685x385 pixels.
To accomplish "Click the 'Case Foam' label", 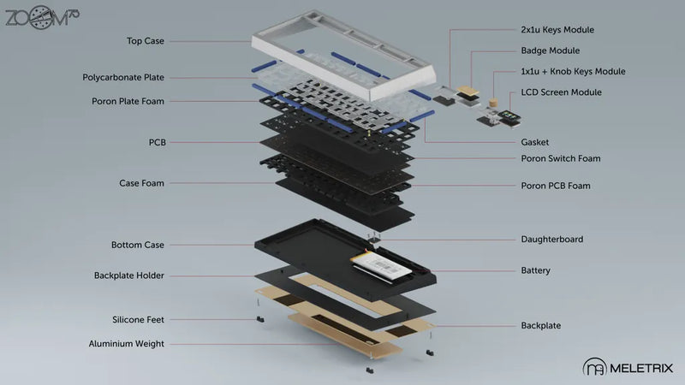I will pos(141,183).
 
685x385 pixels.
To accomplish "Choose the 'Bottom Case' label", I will pos(137,245).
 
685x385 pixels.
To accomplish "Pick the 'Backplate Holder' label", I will pos(128,275).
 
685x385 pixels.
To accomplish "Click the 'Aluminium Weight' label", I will pos(126,344).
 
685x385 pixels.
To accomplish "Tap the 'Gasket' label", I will pos(535,142).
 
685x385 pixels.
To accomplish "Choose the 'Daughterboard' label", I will pos(552,240).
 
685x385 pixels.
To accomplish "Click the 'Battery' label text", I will pos(535,270).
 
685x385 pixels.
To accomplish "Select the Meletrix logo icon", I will pos(593,368).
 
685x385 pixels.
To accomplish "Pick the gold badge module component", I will pos(466,90).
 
